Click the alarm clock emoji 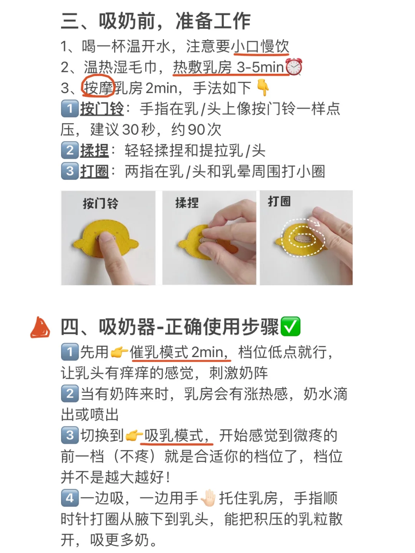click(x=294, y=67)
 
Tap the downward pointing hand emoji click(x=262, y=88)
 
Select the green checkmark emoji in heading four click(x=290, y=326)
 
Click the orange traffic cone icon click(x=40, y=327)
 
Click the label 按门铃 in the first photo click(x=101, y=203)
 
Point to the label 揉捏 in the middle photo click(x=187, y=203)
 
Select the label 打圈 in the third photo click(x=279, y=201)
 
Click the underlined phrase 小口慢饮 click(x=260, y=46)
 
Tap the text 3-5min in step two click(x=261, y=67)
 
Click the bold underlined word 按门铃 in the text click(x=102, y=109)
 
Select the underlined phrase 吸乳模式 click(x=177, y=435)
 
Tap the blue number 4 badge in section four click(x=70, y=498)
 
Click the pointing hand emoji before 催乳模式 click(x=119, y=352)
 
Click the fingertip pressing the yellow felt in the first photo click(x=106, y=238)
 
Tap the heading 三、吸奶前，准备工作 click(x=156, y=21)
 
